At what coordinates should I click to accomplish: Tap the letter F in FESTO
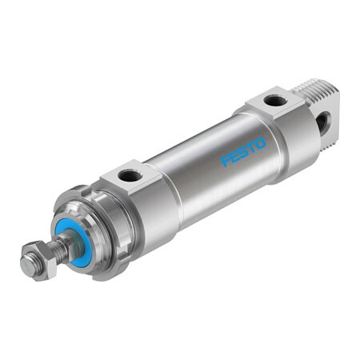click(225, 161)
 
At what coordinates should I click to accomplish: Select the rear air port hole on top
click(274, 101)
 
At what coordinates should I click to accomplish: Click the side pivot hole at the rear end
click(322, 122)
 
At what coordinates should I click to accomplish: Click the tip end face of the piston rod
click(26, 267)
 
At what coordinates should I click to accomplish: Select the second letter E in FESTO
click(233, 155)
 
